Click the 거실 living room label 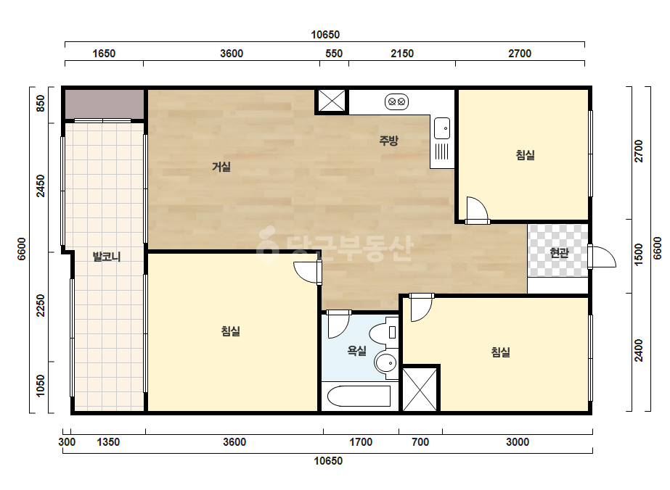221,167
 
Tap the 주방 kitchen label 389,140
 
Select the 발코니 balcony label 107,257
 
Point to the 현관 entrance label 559,253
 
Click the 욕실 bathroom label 357,351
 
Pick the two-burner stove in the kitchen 396,102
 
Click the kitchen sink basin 442,128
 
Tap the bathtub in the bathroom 359,396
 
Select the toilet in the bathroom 383,333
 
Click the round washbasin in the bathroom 386,363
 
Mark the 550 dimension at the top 334,54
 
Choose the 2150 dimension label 402,54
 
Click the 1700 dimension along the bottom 361,441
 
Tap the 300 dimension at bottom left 67,441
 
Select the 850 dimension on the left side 40,104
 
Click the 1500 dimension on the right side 639,254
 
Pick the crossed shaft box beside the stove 332,101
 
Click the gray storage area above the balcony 105,104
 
